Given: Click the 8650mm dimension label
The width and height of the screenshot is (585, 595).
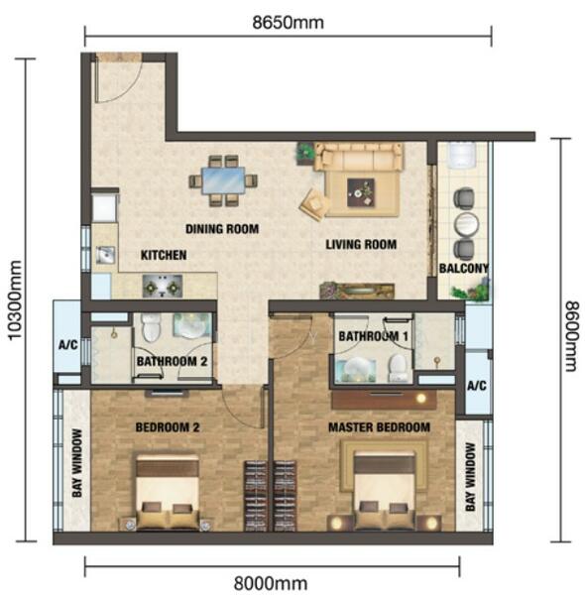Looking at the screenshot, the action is click(288, 23).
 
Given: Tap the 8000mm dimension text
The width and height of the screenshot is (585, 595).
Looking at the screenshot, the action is click(271, 583).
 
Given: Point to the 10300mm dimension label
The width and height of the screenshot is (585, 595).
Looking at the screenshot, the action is click(15, 300).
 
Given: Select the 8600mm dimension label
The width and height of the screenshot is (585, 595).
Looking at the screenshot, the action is click(571, 336).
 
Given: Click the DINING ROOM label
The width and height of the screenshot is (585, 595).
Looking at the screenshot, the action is click(222, 229).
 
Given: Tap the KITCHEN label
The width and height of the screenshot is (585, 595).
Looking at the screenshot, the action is click(164, 255).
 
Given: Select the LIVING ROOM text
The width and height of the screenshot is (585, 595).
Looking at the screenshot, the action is click(361, 244).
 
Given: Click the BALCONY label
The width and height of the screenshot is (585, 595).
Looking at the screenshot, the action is click(464, 269).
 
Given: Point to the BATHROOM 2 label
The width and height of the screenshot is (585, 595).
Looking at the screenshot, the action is click(172, 361).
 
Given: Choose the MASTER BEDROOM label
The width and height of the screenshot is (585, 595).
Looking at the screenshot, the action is click(379, 427).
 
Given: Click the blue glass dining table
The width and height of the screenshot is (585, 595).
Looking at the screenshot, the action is click(223, 180).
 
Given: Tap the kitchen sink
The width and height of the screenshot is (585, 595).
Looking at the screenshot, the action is click(105, 255).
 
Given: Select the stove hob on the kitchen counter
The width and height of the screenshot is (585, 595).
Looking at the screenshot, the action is click(163, 287).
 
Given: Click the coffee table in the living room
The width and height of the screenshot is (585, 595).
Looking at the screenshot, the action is click(360, 192).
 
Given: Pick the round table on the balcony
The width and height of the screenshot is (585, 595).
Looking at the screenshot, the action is click(466, 225).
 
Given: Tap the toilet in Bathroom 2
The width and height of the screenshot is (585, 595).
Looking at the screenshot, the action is click(152, 327).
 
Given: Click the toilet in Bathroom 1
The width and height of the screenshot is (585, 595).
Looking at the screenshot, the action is click(399, 368).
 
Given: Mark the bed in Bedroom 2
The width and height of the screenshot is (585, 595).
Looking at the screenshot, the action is click(168, 492).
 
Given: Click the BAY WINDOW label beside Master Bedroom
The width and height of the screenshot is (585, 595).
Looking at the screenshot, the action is click(470, 477).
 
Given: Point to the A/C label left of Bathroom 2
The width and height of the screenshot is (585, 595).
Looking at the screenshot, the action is click(67, 345).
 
